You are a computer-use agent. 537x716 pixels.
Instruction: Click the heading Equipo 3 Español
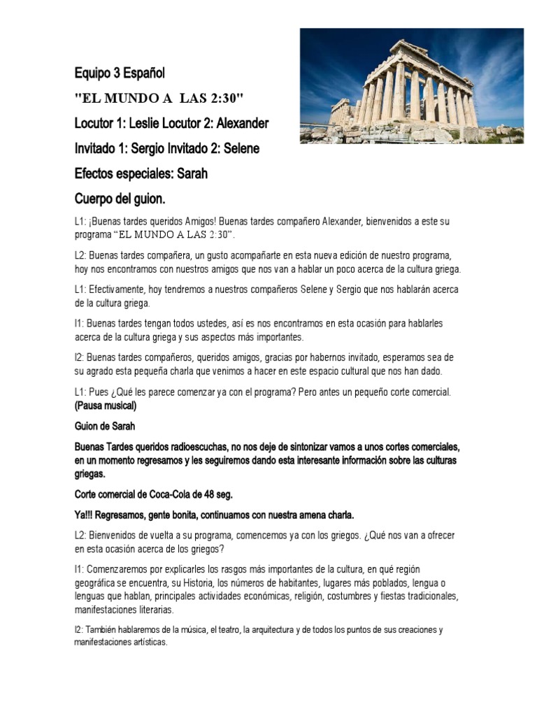tap(120, 73)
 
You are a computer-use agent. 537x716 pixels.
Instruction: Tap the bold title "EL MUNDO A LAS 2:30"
tap(159, 96)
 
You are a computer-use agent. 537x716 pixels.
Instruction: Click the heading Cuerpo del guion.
tap(120, 199)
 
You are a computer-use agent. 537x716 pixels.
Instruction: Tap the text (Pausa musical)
tap(106, 406)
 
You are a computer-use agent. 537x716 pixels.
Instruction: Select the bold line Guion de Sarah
tap(104, 425)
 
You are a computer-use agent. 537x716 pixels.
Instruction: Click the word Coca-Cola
tap(169, 494)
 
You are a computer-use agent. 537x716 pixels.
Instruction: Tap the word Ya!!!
tap(86, 515)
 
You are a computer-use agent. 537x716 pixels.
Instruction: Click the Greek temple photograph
tap(412, 85)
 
